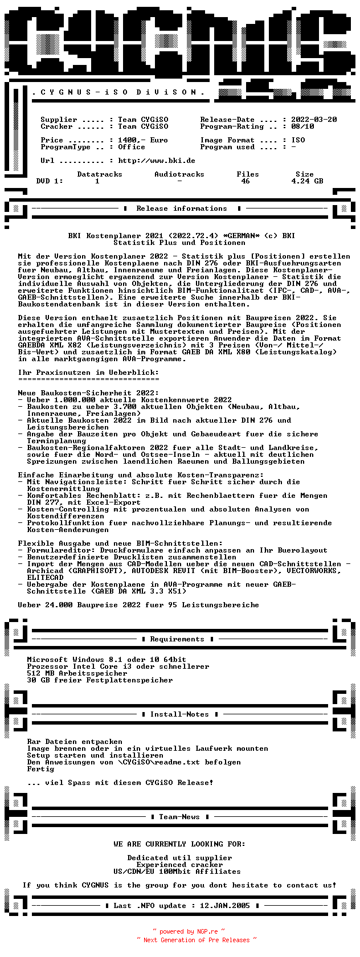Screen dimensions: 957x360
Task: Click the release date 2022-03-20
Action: (x=314, y=120)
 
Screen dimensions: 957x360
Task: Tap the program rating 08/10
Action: (x=302, y=126)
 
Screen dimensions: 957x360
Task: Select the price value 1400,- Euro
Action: (x=143, y=140)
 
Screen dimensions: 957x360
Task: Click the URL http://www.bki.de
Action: (x=157, y=161)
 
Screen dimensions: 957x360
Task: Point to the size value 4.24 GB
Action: (x=307, y=181)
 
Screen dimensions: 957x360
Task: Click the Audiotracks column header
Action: (x=179, y=174)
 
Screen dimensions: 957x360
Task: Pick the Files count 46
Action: (x=246, y=181)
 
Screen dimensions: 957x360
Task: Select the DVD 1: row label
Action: (x=50, y=181)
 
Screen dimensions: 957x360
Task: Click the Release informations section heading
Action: (x=182, y=208)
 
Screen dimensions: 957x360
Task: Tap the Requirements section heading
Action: (x=177, y=639)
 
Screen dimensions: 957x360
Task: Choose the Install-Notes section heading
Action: (x=179, y=714)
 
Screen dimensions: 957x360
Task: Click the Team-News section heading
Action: (x=179, y=817)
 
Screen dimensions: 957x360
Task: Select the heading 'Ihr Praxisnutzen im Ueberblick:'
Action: (x=88, y=373)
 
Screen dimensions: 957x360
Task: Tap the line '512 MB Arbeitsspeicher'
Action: (x=77, y=673)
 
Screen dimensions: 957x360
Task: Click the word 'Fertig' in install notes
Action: (x=40, y=769)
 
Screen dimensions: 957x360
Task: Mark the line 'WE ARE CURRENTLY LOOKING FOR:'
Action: (x=179, y=844)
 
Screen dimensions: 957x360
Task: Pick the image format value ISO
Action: (x=298, y=140)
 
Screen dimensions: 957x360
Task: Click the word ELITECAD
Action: (x=45, y=578)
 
